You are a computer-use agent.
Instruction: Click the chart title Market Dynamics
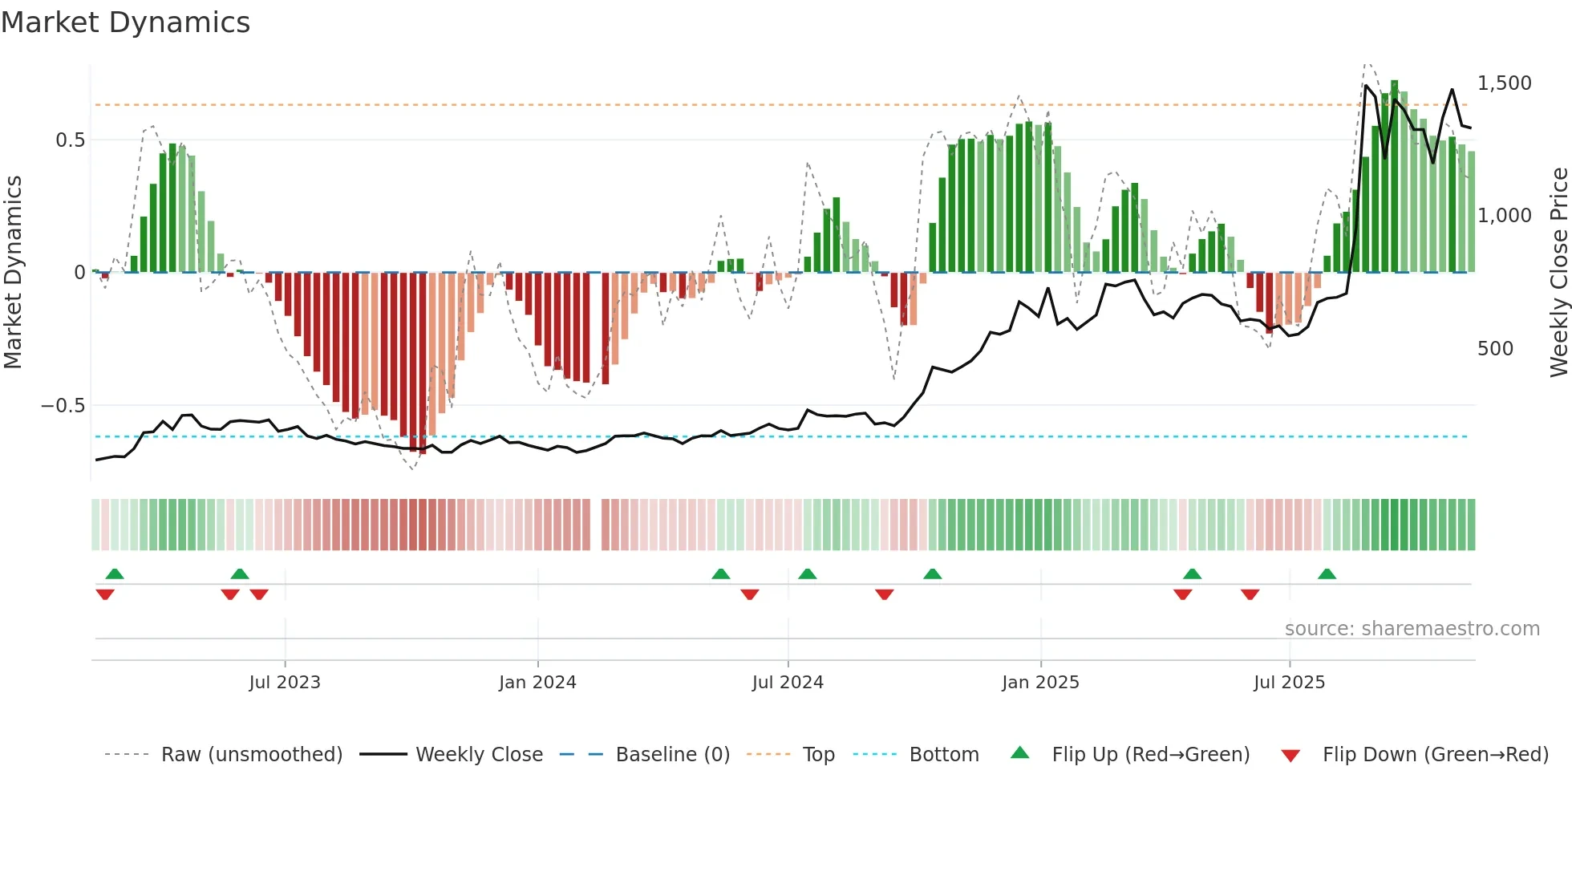[125, 22]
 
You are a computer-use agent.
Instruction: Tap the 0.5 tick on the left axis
[70, 140]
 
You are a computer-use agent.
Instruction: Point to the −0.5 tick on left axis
[63, 406]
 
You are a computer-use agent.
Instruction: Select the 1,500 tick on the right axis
[1504, 83]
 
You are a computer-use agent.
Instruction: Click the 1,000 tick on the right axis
[1504, 216]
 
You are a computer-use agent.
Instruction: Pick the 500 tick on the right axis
[1495, 349]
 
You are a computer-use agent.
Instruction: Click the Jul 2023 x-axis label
[285, 683]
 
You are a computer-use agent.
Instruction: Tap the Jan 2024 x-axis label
[537, 683]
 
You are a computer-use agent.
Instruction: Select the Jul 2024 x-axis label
[788, 683]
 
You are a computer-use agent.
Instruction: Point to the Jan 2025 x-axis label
[1040, 683]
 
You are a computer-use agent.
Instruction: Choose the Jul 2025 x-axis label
[1289, 683]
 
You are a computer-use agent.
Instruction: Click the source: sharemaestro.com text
[1412, 629]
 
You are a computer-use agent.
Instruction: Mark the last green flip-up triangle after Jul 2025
[1327, 574]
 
